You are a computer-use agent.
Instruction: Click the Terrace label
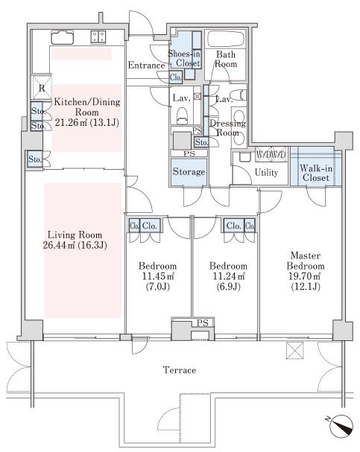[x=180, y=370]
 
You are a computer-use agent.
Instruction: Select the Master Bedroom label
[x=306, y=261]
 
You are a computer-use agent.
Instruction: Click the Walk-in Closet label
[x=316, y=173]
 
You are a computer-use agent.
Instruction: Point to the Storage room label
[x=189, y=172]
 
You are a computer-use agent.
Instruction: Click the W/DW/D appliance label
[x=271, y=154]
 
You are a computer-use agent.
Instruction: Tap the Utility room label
[x=266, y=173]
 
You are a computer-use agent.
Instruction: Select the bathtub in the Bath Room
[x=226, y=38]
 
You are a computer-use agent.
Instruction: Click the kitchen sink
[x=63, y=37]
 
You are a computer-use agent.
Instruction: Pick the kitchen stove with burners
[x=98, y=37]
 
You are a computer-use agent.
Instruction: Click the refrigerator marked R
[x=42, y=88]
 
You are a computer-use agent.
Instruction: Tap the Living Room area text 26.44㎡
[x=60, y=245]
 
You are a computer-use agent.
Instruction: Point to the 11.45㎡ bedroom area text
[x=158, y=276]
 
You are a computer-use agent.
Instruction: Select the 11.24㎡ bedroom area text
[x=229, y=276]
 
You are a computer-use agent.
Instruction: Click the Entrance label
[x=147, y=65]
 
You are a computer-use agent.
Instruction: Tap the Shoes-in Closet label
[x=184, y=58]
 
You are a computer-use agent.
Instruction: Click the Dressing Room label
[x=227, y=128]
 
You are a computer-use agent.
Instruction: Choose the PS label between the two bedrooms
[x=203, y=323]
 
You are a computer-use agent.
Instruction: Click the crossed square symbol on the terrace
[x=295, y=350]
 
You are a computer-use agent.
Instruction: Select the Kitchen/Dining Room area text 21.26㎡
[x=71, y=123]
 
